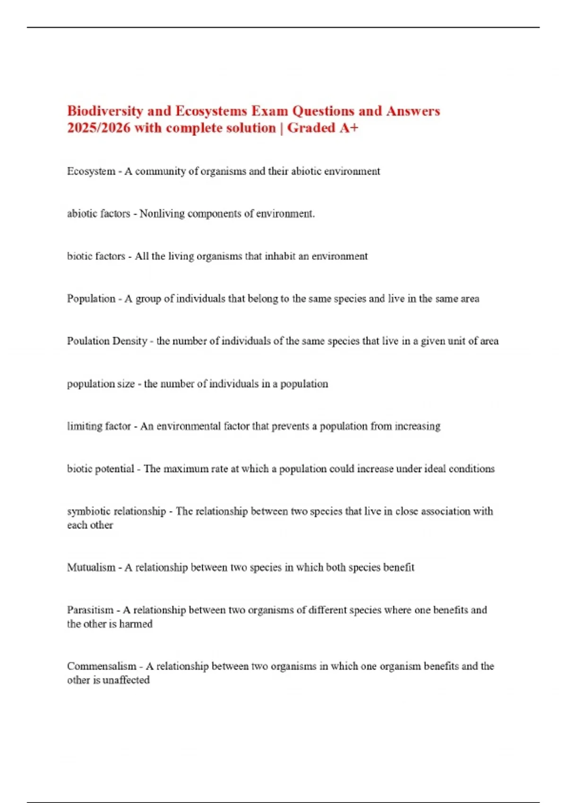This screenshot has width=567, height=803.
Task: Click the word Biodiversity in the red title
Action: click(x=105, y=111)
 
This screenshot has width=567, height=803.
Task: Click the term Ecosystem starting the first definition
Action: click(x=91, y=171)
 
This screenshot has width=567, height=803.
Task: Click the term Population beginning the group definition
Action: click(x=91, y=299)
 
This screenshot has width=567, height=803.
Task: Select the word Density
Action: click(x=129, y=341)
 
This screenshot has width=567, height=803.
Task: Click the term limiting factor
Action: click(x=99, y=426)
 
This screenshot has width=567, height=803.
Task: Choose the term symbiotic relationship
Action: click(x=116, y=511)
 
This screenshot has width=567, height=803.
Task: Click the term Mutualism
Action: click(x=91, y=567)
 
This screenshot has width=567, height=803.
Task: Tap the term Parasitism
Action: click(x=90, y=610)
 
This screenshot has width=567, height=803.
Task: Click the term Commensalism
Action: click(x=101, y=666)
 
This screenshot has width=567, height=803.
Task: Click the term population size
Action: click(x=101, y=384)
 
